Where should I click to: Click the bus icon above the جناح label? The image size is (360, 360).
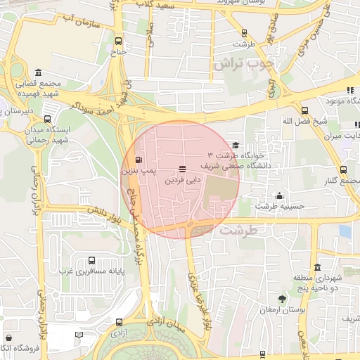point(118,41)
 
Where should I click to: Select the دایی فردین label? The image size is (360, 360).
point(183,180)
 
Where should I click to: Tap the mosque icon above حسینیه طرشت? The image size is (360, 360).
point(280,196)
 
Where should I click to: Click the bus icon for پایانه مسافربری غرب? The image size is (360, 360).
point(92,259)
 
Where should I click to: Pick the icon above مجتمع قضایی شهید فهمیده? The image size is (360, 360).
point(37,72)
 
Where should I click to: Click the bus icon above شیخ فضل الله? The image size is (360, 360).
point(304,110)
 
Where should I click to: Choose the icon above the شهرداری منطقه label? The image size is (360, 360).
point(318,267)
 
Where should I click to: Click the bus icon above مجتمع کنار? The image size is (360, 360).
point(343,169)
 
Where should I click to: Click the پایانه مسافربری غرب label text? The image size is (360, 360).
point(86,271)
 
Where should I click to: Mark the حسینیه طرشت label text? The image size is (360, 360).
point(279,207)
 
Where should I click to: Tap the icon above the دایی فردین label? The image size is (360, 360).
point(183,169)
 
